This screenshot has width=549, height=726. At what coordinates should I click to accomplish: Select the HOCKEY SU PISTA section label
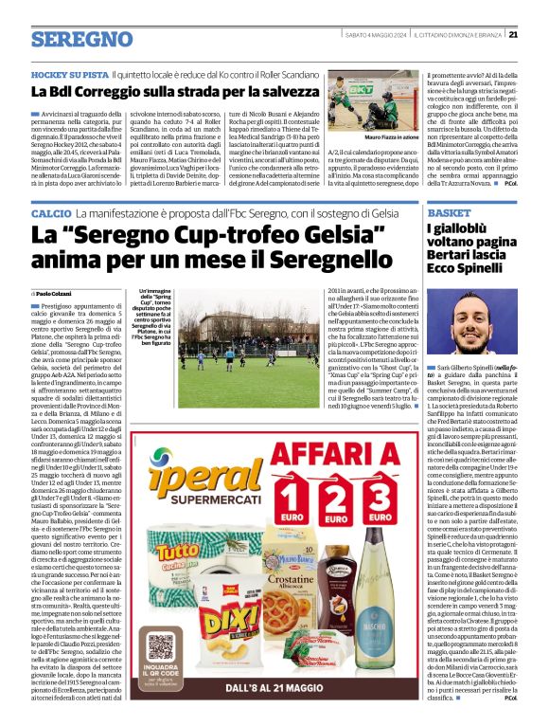[x=69, y=73]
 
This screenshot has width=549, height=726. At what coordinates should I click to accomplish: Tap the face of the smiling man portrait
[x=469, y=318]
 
